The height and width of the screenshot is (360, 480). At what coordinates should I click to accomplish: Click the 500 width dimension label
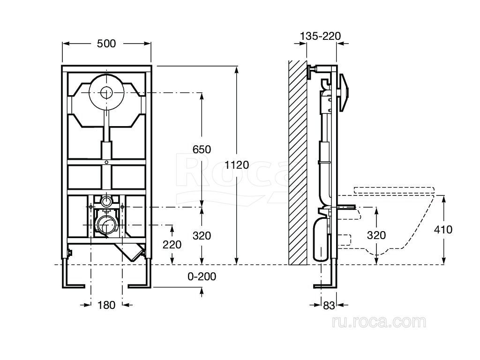pyautogui.click(x=106, y=44)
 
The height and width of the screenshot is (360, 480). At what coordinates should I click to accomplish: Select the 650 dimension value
pyautogui.click(x=202, y=150)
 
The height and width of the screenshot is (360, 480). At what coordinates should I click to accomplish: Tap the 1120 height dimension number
pyautogui.click(x=237, y=165)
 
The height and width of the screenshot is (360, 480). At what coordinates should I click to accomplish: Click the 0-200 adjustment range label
pyautogui.click(x=202, y=277)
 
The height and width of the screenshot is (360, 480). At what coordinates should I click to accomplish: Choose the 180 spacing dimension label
pyautogui.click(x=106, y=305)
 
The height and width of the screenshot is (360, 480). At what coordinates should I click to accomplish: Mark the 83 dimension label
pyautogui.click(x=329, y=306)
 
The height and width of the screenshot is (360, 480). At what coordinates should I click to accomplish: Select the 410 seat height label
pyautogui.click(x=443, y=230)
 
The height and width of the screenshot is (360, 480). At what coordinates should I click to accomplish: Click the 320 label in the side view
pyautogui.click(x=376, y=235)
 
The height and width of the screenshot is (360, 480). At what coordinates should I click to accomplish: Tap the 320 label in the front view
pyautogui.click(x=202, y=236)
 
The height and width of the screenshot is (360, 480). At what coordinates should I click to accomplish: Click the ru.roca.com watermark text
pyautogui.click(x=378, y=322)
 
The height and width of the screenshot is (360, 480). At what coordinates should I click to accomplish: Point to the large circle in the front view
pyautogui.click(x=107, y=92)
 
